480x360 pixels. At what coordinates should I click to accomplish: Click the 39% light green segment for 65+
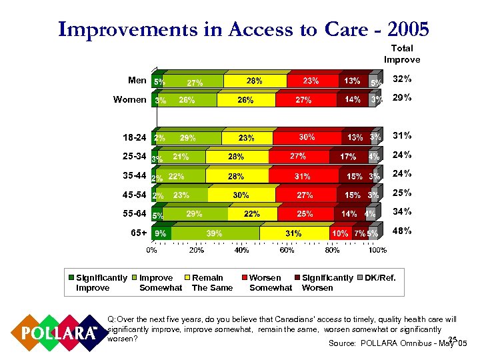tap(215, 233)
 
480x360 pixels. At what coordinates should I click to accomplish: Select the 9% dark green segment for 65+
tap(161, 233)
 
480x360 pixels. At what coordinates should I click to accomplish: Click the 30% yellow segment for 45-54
tap(241, 195)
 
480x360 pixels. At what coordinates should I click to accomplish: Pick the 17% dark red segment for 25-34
tap(347, 157)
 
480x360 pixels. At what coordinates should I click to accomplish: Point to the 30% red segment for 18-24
tap(307, 137)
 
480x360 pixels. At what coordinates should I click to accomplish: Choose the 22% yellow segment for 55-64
tap(252, 214)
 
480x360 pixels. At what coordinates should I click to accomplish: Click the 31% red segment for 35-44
tap(303, 177)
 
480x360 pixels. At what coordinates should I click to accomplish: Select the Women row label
tap(130, 99)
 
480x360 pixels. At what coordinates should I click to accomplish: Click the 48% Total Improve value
tap(402, 231)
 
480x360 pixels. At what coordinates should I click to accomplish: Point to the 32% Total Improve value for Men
tap(402, 79)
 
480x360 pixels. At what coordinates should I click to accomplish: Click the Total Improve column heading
tap(401, 53)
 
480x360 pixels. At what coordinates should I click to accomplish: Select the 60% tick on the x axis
tap(287, 250)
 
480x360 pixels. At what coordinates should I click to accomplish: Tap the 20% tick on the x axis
tap(196, 250)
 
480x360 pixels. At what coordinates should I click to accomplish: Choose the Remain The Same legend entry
tap(212, 283)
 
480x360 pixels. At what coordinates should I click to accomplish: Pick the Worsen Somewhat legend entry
tap(269, 283)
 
